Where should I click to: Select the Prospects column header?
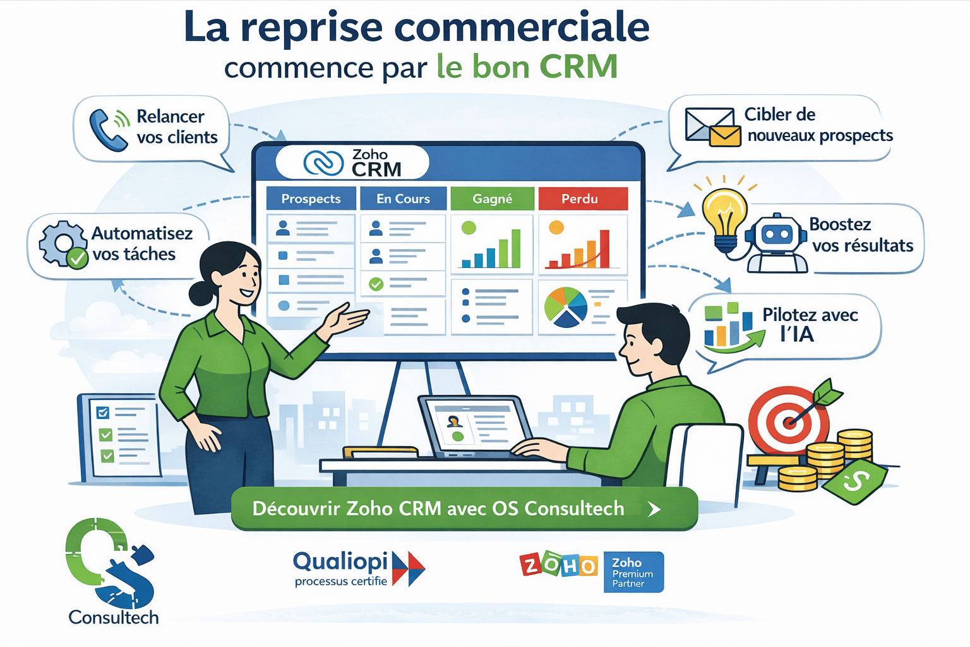click(311, 198)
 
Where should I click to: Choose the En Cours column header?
click(403, 198)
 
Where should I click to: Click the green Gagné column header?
click(492, 198)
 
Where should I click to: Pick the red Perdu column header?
click(580, 198)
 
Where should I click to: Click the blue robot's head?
click(776, 234)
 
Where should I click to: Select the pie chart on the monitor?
click(565, 307)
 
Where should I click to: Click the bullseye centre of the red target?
click(789, 420)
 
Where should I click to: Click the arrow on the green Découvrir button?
click(655, 509)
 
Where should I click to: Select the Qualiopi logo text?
click(340, 561)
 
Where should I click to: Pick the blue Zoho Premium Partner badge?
click(633, 572)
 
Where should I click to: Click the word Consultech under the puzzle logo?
click(114, 617)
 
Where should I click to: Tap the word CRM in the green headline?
click(578, 67)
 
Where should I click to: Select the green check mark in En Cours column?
click(376, 284)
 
